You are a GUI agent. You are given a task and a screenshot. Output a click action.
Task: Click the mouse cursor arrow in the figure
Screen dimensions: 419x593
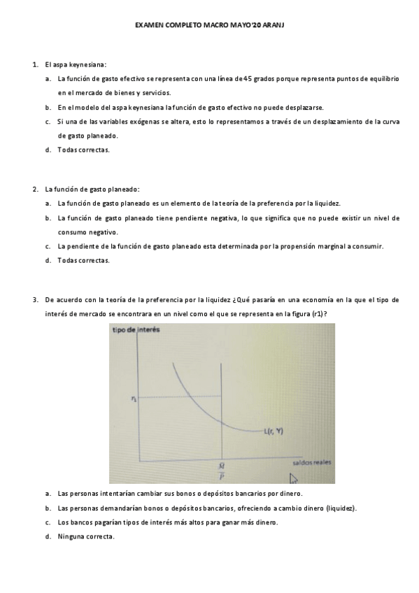(294, 479)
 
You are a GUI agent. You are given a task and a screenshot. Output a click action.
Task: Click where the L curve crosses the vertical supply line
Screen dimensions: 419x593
(222, 421)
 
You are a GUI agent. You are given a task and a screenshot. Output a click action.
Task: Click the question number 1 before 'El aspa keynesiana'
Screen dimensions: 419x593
(35, 65)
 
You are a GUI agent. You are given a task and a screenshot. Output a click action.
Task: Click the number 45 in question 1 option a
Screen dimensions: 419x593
(248, 79)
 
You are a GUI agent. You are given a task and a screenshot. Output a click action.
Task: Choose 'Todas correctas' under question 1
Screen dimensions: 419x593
(83, 150)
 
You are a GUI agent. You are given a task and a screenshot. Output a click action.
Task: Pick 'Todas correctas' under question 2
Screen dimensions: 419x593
(83, 260)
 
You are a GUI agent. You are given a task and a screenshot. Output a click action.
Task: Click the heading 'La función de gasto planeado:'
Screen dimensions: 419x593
(92, 189)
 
